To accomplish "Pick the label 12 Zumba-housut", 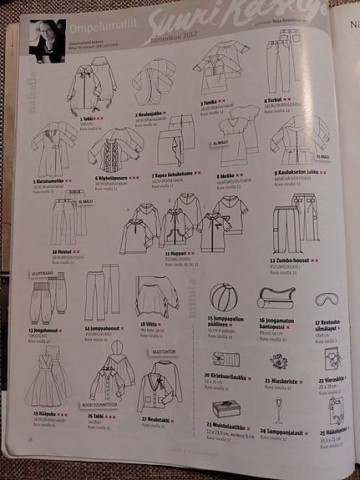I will pyautogui.click(x=292, y=260).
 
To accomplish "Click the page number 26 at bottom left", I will pyautogui.click(x=30, y=438).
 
